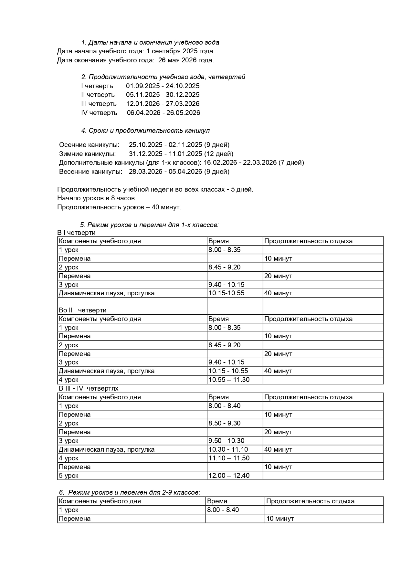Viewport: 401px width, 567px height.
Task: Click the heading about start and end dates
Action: pos(150,42)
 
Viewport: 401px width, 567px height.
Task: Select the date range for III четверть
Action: pos(163,104)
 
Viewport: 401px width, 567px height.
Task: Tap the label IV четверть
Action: pos(99,113)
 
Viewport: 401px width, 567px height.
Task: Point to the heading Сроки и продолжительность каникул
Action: pos(145,131)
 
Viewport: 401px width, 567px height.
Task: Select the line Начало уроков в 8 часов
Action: pos(97,198)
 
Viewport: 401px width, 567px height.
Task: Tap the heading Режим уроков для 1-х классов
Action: pos(149,225)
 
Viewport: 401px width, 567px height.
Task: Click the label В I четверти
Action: pos(76,233)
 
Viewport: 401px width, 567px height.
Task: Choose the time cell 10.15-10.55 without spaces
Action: pos(226,293)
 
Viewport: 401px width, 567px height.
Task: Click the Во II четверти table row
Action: pos(83,310)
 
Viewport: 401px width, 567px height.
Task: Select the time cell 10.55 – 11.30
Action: pos(229,380)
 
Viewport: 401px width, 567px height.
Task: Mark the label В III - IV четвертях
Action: pos(88,388)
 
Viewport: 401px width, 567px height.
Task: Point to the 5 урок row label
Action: pos(69,476)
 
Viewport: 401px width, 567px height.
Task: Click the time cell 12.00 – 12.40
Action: pos(229,476)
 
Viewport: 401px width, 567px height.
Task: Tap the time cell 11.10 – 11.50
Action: pos(229,458)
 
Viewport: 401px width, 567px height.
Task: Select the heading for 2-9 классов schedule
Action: pos(130,492)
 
